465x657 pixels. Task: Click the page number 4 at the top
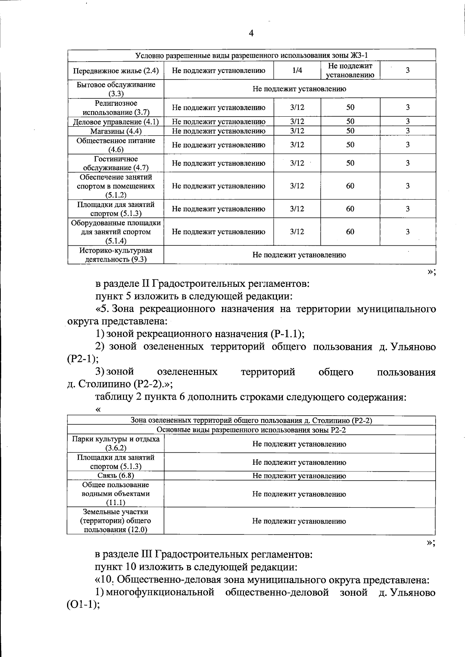[251, 34]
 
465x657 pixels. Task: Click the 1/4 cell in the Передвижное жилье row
[297, 71]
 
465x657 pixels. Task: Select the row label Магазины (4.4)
[115, 131]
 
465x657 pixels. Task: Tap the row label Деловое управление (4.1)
[115, 122]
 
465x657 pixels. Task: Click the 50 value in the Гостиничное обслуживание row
[350, 163]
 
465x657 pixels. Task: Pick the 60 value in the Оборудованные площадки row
[350, 232]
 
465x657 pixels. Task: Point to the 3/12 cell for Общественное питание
[297, 145]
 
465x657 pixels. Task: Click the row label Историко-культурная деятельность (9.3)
[115, 255]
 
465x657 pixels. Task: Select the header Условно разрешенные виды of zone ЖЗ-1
[251, 55]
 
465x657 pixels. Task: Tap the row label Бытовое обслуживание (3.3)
[115, 89]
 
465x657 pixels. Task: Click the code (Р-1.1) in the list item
[287, 334]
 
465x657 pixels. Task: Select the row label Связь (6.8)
[115, 476]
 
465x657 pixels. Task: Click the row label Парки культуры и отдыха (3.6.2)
[115, 444]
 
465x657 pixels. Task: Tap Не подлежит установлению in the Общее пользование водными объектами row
[299, 494]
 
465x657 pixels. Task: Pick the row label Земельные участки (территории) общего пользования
[115, 521]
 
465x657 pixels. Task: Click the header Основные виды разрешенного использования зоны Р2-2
[251, 430]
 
